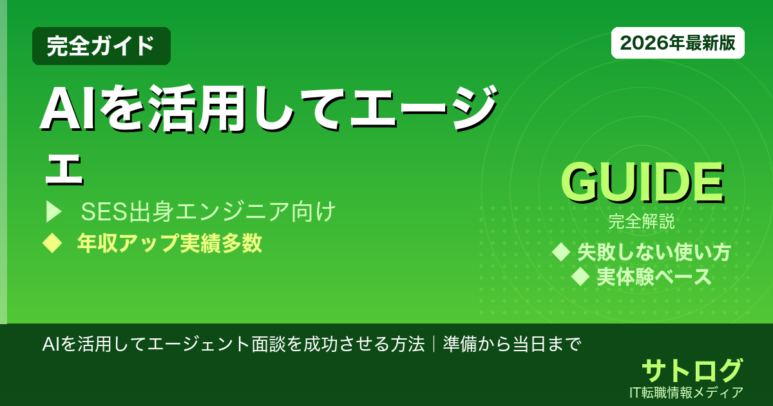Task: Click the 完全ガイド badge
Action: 101,46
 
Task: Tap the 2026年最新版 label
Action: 678,43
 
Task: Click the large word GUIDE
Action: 642,183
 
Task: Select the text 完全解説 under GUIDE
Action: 642,223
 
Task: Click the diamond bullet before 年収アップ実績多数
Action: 51,243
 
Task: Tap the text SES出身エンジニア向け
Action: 208,211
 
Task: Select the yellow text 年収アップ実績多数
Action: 169,243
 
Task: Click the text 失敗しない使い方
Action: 654,252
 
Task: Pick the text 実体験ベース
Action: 654,277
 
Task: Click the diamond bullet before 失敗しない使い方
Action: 562,252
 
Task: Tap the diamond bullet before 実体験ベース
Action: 581,277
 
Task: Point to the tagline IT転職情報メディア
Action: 687,392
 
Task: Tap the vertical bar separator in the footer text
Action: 434,343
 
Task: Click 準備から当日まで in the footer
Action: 512,343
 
